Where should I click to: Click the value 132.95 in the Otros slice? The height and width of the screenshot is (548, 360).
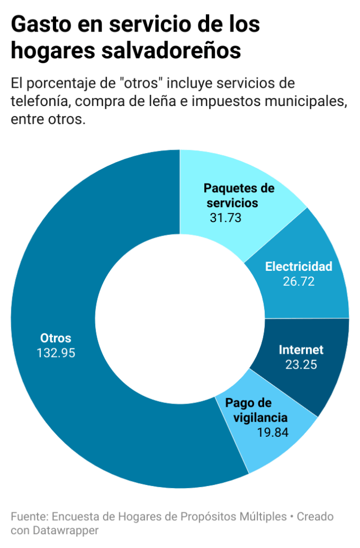tap(56, 353)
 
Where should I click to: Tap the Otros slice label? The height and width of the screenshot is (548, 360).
tap(56, 338)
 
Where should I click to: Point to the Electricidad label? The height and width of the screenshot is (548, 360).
tap(298, 267)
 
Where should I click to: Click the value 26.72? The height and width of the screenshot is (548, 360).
tap(298, 281)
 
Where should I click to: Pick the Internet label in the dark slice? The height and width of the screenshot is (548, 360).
tap(301, 350)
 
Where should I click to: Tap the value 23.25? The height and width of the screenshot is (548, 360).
tap(301, 364)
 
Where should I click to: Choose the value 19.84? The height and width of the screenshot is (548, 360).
tap(272, 432)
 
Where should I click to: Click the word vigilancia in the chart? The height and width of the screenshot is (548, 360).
tap(256, 417)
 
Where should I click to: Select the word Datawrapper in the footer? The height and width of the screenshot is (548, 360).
tap(68, 530)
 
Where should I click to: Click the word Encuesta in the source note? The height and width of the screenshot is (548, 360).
tap(73, 517)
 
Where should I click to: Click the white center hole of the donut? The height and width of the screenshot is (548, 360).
tap(180, 319)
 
